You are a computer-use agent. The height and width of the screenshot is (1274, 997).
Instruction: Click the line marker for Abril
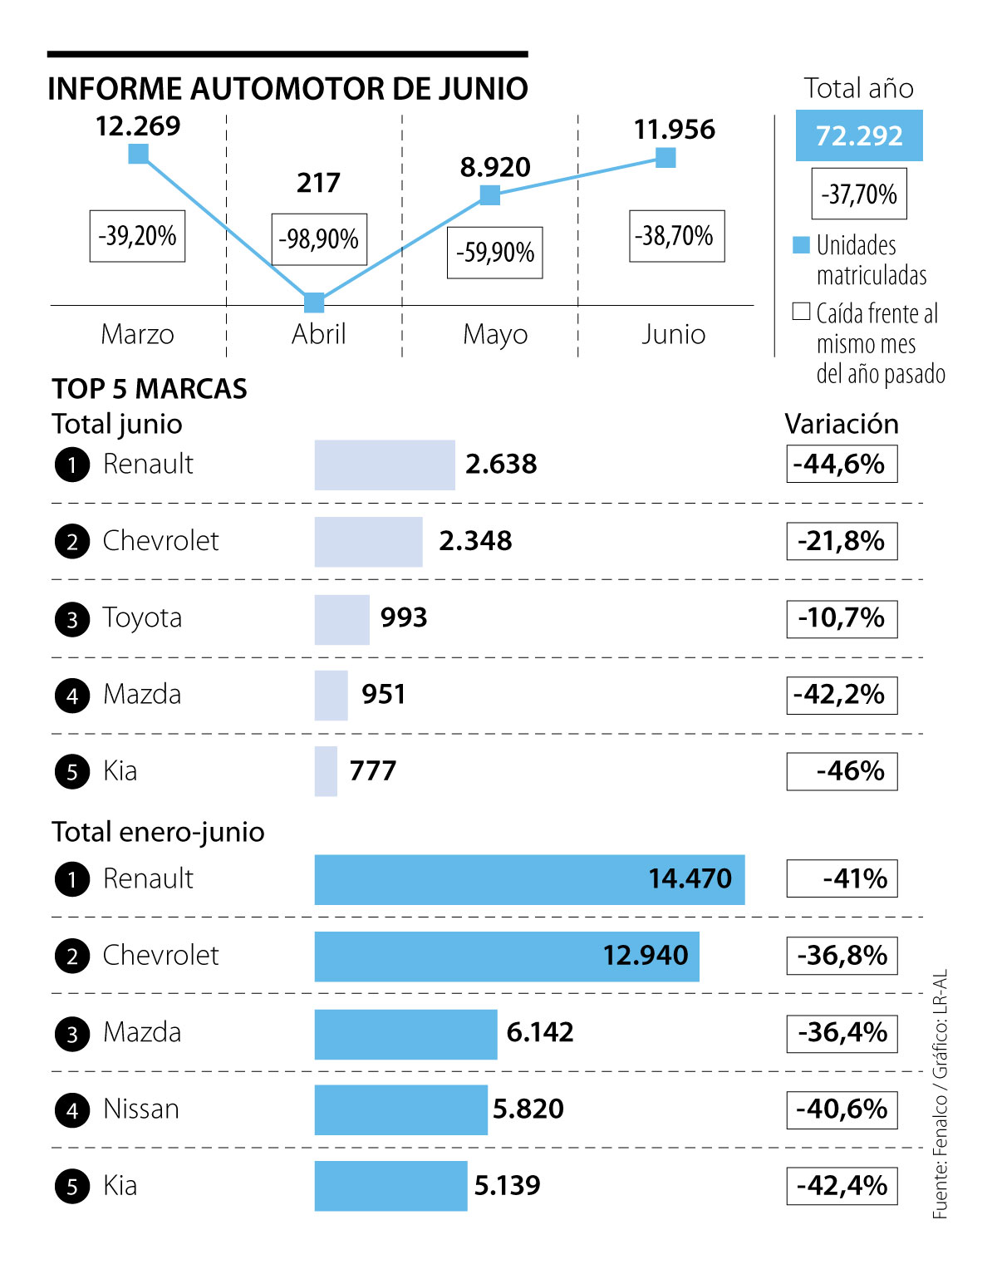tap(314, 302)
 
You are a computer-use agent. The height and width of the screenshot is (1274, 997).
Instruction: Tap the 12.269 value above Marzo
tap(138, 126)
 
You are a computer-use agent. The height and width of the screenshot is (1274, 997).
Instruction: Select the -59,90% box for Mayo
tap(495, 253)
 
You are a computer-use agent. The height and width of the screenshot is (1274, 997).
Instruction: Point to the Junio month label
tap(673, 334)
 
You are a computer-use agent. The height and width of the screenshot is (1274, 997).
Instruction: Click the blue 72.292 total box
tap(859, 135)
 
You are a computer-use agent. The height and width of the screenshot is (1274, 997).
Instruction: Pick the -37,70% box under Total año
tap(859, 194)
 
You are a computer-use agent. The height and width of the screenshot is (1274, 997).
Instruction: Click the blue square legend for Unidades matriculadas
tap(801, 245)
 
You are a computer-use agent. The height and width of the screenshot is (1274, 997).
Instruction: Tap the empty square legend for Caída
tap(801, 312)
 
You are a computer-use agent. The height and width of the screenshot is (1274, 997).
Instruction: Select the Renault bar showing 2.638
tap(385, 465)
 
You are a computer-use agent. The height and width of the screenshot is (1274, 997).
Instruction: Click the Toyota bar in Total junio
tap(341, 619)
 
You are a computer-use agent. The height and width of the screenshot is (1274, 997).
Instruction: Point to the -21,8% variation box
tap(842, 541)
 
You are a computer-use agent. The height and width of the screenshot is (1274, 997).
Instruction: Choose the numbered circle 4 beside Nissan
tap(72, 1110)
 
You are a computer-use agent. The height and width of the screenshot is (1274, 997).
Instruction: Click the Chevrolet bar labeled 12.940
tap(507, 956)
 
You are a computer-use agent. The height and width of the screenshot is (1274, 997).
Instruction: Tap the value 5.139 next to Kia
tap(507, 1185)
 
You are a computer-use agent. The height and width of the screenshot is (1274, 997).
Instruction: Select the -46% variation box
tap(842, 771)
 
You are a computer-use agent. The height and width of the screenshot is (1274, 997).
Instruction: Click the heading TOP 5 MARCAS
tap(150, 389)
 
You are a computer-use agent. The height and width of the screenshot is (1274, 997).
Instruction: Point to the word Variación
tap(842, 424)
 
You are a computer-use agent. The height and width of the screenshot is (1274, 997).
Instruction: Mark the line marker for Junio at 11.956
tap(665, 157)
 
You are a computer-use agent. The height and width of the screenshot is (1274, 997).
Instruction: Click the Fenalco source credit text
tap(940, 1094)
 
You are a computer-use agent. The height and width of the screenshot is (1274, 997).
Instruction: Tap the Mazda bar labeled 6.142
tap(405, 1033)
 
